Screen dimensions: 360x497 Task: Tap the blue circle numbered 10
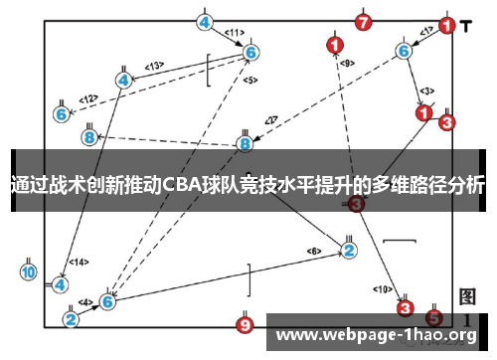[x=28, y=270]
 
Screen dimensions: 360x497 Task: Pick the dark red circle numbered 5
[x=433, y=318]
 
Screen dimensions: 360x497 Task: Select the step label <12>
[x=88, y=98]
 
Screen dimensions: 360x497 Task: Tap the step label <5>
[x=249, y=80]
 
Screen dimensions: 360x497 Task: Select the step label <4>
[x=85, y=301]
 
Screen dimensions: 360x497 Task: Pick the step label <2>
[x=270, y=120]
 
